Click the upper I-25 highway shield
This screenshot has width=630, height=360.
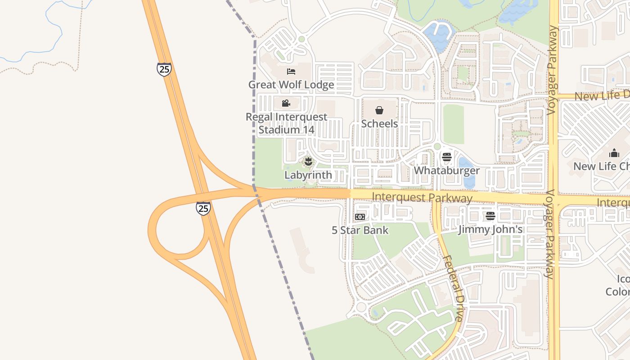(164, 69)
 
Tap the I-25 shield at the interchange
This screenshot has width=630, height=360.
(203, 208)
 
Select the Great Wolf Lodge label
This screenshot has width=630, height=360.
(291, 85)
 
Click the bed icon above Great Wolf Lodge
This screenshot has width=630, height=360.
(291, 72)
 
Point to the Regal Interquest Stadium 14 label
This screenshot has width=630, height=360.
(286, 123)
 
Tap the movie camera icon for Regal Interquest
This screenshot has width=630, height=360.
(286, 103)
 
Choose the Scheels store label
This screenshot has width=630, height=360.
(379, 123)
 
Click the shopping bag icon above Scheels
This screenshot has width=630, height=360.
(379, 110)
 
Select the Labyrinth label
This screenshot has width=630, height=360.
(308, 175)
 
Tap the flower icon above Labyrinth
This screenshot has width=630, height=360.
(308, 161)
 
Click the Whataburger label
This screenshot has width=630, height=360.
(446, 171)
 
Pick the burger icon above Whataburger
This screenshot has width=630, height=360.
(446, 157)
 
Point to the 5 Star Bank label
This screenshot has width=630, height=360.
(360, 230)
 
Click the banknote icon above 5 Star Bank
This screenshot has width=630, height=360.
(360, 217)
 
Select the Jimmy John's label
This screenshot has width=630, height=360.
(490, 229)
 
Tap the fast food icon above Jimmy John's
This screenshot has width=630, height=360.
(490, 216)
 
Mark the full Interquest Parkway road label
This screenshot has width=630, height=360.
(422, 198)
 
